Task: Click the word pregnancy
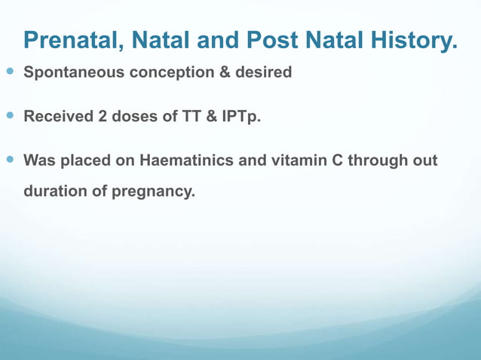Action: pos(153,192)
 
